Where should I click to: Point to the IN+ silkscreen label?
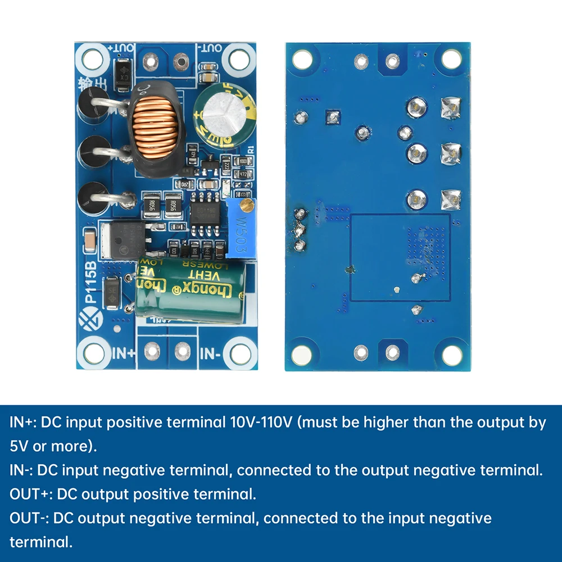124,353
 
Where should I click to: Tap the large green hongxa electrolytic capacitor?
192,289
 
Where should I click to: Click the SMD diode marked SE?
112,292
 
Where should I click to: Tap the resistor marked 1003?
243,161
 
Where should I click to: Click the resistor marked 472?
243,175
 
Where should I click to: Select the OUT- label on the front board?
210,48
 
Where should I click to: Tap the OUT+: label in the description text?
31,495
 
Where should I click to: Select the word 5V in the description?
19,447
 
